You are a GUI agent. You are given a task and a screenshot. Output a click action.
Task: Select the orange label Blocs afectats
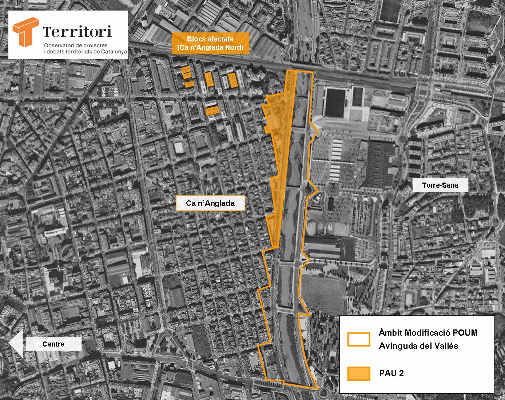coord(210,39)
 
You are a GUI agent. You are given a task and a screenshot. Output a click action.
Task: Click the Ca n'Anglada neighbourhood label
coord(210,203)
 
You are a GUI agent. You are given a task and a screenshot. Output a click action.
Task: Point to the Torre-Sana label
coord(440,185)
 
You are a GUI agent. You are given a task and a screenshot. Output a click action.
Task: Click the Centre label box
coord(53,344)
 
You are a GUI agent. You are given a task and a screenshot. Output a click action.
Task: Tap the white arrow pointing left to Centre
coord(16,344)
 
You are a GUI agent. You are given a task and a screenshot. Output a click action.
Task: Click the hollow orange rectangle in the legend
coord(358,339)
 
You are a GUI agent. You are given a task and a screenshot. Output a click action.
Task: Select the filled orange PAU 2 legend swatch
coord(358,373)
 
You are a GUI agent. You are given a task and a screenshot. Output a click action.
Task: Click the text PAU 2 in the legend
coord(391,373)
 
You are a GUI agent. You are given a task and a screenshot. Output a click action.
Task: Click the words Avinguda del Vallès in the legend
coord(418,346)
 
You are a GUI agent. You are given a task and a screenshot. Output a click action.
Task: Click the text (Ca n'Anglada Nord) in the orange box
coord(210,47)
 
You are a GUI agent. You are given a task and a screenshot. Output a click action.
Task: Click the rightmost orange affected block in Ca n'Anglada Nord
coord(232,80)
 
